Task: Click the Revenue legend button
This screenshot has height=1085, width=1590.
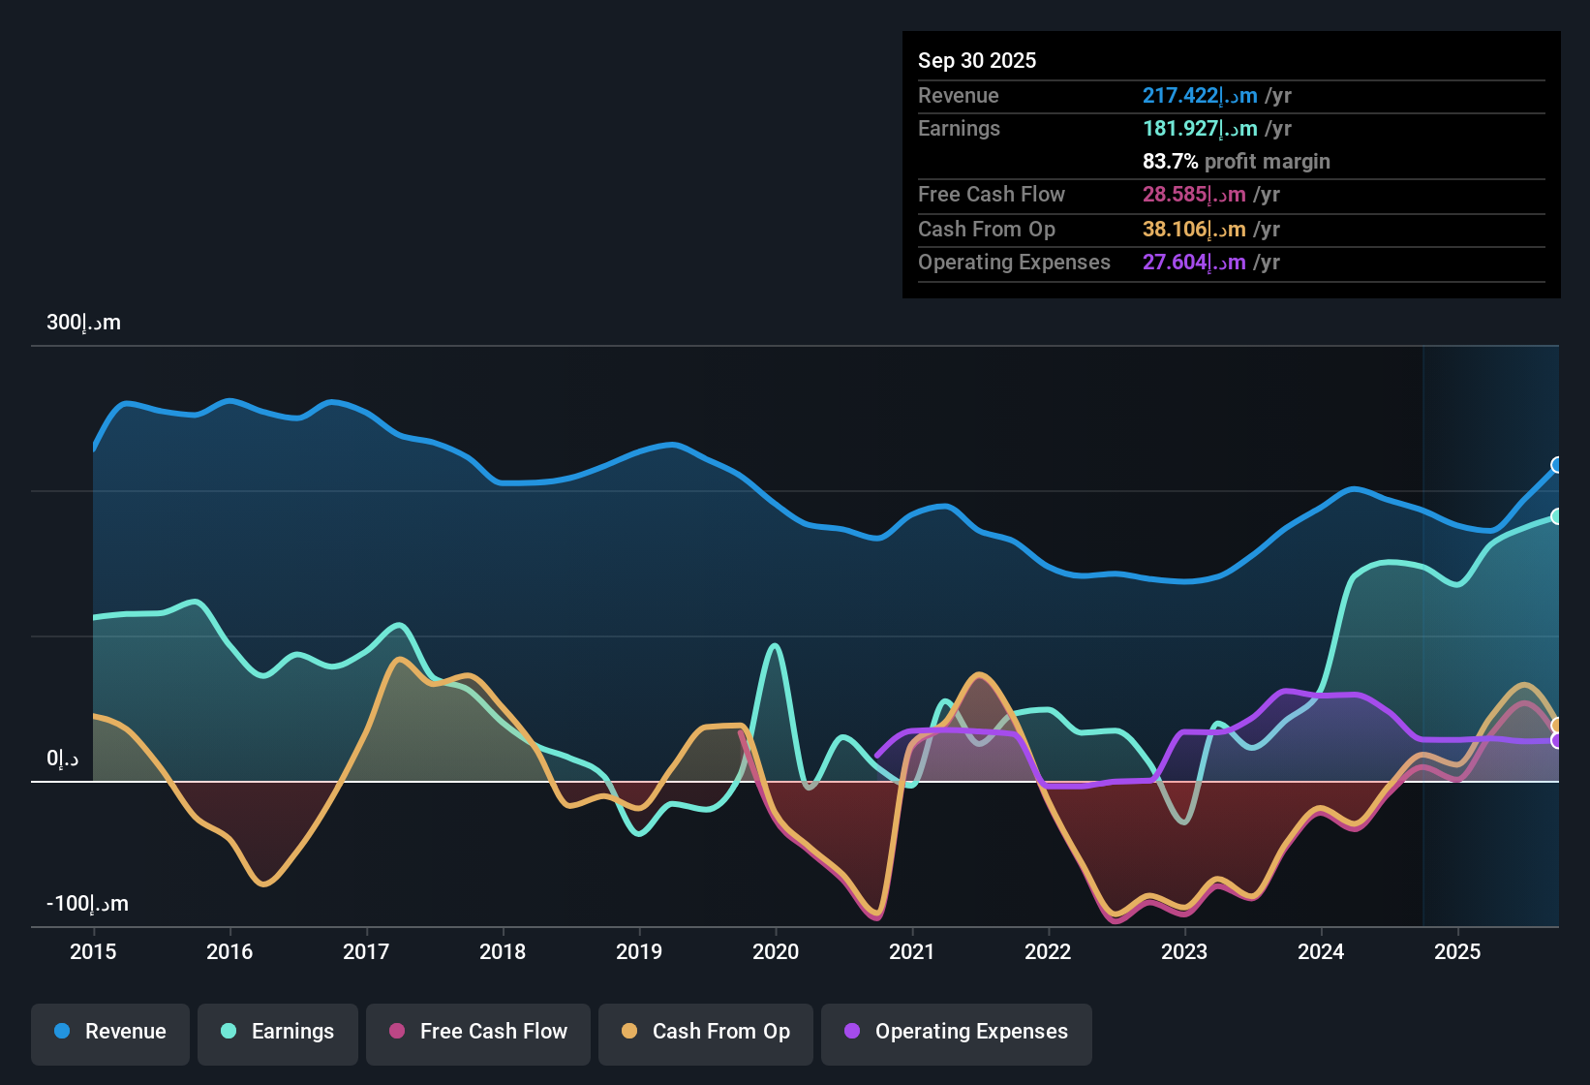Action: pyautogui.click(x=110, y=1032)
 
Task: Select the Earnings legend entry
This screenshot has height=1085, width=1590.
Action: pyautogui.click(x=278, y=1032)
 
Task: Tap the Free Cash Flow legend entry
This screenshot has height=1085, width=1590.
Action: pyautogui.click(x=478, y=1032)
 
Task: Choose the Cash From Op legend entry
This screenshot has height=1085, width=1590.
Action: pyautogui.click(x=706, y=1032)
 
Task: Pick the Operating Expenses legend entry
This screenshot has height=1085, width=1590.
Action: pyautogui.click(x=957, y=1032)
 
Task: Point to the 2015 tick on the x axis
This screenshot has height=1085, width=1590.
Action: pyautogui.click(x=93, y=952)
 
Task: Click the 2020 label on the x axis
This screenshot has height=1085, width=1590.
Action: pyautogui.click(x=776, y=952)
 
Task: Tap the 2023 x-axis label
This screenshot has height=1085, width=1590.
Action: pyautogui.click(x=1184, y=952)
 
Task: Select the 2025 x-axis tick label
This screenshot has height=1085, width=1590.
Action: pyautogui.click(x=1457, y=952)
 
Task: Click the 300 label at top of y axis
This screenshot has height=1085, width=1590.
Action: pyautogui.click(x=83, y=323)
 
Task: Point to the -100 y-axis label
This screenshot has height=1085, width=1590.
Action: pyautogui.click(x=87, y=904)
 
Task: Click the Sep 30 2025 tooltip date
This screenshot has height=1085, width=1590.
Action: pyautogui.click(x=977, y=60)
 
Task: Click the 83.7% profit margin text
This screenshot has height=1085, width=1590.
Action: pyautogui.click(x=1236, y=162)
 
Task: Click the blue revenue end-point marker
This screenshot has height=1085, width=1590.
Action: pyautogui.click(x=1557, y=465)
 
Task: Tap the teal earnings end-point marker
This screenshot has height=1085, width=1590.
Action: pyautogui.click(x=1557, y=516)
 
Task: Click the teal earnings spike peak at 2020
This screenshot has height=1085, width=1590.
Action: pyautogui.click(x=774, y=645)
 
